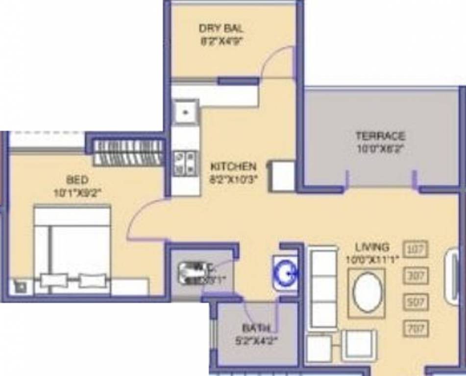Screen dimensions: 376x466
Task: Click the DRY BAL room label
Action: (221, 29)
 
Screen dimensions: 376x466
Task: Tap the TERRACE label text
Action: (380, 136)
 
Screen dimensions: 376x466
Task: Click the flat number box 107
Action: (415, 249)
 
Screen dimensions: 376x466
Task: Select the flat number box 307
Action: (415, 276)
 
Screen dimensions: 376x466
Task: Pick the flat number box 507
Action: (415, 302)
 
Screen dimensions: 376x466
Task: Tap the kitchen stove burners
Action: (185, 163)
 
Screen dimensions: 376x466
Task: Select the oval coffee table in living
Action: (367, 292)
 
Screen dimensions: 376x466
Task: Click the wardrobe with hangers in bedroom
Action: (128, 152)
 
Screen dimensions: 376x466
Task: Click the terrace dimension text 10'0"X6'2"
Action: (380, 147)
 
